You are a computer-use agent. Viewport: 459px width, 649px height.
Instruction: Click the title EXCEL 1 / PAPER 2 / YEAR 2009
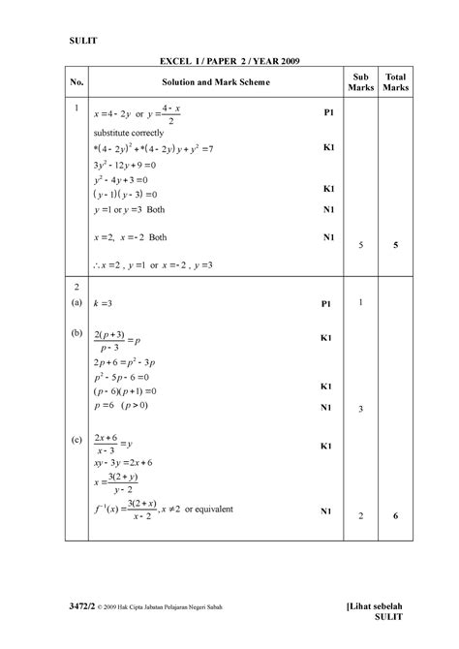click(x=229, y=61)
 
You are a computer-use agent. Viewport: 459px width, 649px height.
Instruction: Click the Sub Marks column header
click(x=360, y=82)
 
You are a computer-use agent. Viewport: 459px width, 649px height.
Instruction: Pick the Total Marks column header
click(x=395, y=82)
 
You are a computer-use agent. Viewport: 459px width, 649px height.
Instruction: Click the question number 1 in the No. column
click(x=76, y=108)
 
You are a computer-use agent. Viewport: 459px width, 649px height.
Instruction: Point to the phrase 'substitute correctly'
click(x=128, y=133)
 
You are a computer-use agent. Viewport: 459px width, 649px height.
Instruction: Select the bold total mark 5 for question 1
click(x=395, y=246)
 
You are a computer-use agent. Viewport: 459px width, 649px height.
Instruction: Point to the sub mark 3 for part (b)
click(x=360, y=410)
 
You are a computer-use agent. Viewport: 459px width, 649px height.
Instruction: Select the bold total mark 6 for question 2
click(x=395, y=516)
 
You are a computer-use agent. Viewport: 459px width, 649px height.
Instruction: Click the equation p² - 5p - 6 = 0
click(x=122, y=376)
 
